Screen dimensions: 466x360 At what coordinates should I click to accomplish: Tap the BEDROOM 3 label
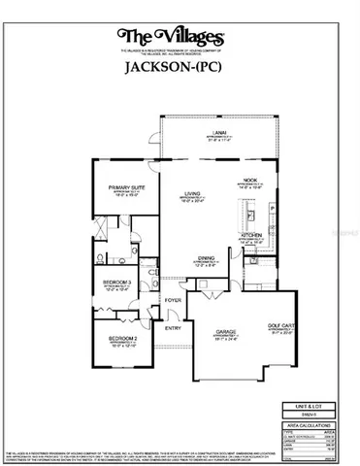tap(118, 283)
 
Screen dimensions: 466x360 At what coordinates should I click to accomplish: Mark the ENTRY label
tap(173, 327)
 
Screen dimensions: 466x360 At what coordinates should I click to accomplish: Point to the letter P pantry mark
tap(275, 207)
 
